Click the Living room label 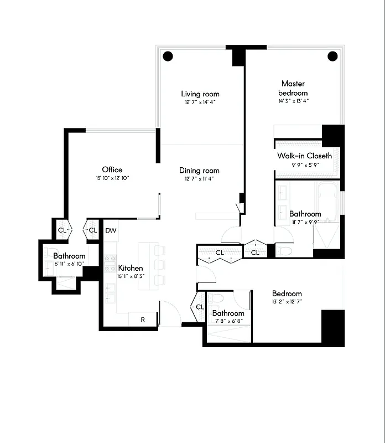[x=200, y=94]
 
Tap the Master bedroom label [x=293, y=88]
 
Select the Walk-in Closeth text [x=304, y=156]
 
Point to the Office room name [x=112, y=169]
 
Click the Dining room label [x=199, y=171]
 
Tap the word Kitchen [x=131, y=267]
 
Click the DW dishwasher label [x=111, y=230]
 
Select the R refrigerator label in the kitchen [x=142, y=320]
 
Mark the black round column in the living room [x=168, y=56]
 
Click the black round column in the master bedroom [x=332, y=56]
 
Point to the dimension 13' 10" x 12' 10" [x=112, y=178]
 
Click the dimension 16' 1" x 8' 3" [x=131, y=276]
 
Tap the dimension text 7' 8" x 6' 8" [x=228, y=321]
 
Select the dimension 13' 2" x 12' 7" [x=287, y=302]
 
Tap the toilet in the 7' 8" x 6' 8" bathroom [x=217, y=300]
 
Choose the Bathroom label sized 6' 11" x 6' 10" [x=69, y=256]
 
